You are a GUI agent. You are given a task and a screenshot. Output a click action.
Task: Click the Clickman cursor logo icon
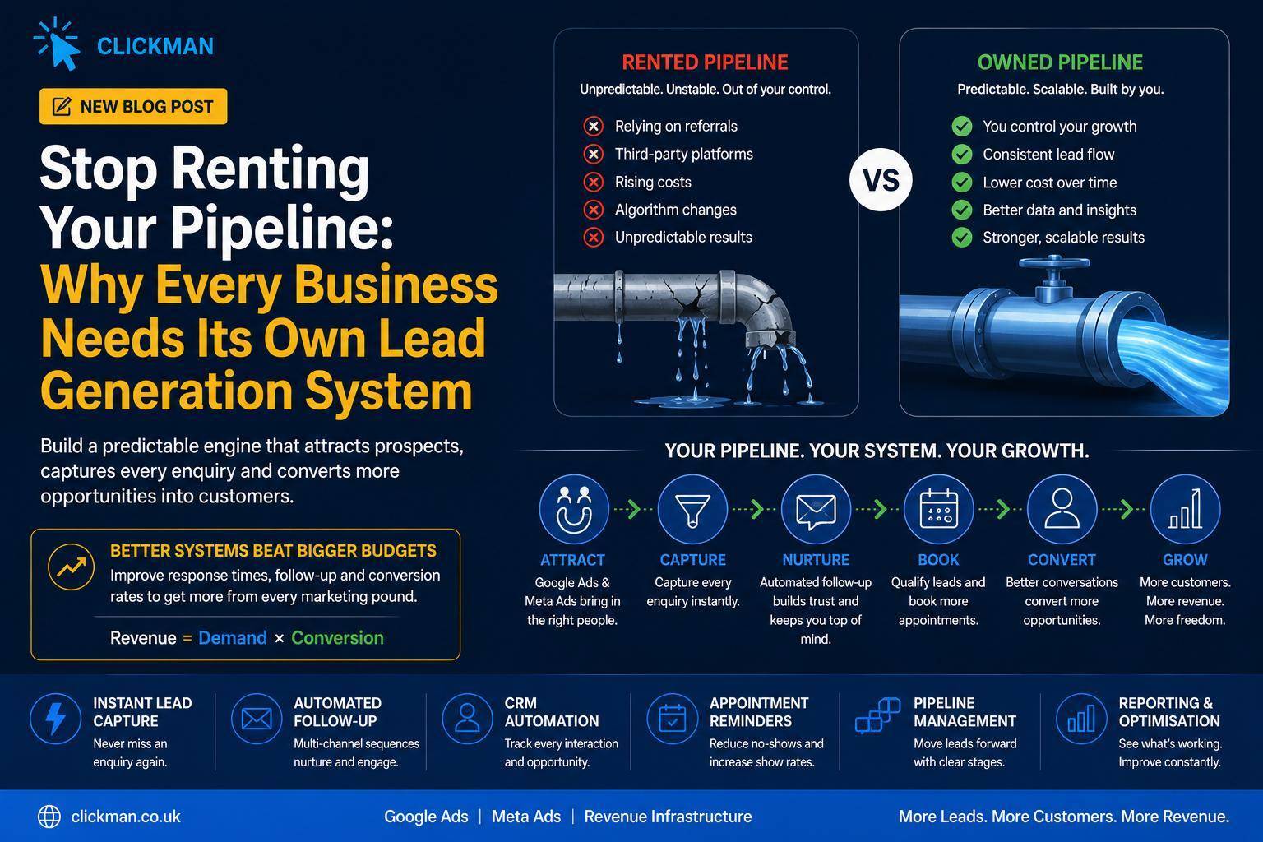57,44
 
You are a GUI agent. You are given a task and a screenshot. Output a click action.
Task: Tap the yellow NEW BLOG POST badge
133,106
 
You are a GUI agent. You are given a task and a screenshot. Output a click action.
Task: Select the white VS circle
880,180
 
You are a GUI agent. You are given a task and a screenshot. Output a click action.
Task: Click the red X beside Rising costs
593,183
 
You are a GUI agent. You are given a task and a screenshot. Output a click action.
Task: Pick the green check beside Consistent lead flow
962,154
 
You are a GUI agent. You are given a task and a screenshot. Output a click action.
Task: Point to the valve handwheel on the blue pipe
1053,263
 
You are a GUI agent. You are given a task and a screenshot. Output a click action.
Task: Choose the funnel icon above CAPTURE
692,509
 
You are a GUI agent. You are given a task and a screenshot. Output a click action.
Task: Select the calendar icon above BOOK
939,509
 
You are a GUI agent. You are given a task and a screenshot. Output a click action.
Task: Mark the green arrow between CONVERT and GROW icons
1123,509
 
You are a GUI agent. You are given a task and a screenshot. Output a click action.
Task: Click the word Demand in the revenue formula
233,638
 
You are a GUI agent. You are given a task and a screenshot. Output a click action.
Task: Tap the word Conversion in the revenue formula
337,638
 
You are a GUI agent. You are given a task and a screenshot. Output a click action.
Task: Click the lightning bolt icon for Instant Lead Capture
55,719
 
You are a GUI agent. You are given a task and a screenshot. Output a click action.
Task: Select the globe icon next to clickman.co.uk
49,817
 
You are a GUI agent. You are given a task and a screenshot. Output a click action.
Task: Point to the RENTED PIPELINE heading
705,62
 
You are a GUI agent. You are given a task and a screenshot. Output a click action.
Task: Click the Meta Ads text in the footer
526,817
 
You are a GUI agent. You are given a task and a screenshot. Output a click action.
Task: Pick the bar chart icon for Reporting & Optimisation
1081,719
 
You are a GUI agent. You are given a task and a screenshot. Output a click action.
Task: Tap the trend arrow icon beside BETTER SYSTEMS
71,567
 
